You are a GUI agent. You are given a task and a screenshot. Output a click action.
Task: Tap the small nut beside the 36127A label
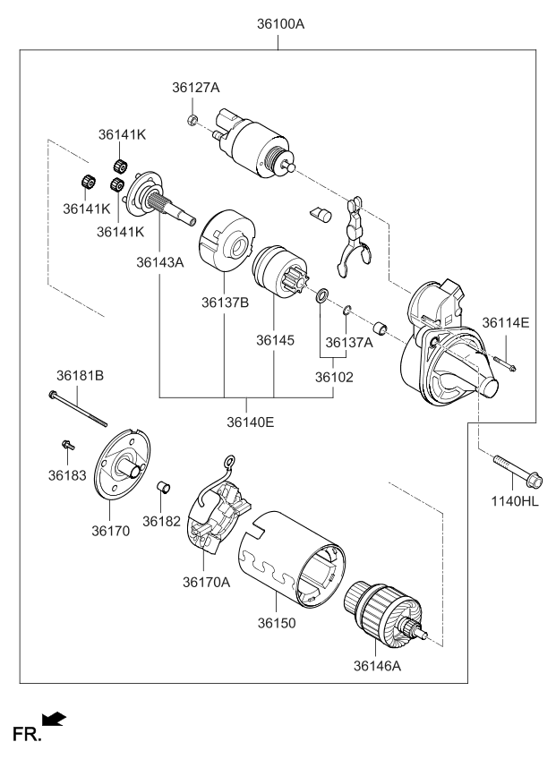pos(192,118)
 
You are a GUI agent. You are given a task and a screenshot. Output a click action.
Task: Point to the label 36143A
pos(160,262)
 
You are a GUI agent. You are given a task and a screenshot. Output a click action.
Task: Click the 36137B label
pos(224,303)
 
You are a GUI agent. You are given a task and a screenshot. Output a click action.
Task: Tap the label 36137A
pos(349,342)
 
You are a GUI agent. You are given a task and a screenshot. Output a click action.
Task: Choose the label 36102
pos(334,377)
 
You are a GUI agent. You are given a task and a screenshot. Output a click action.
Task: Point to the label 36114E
pos(506,322)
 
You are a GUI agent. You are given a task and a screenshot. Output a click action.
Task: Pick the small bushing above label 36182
pos(163,488)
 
